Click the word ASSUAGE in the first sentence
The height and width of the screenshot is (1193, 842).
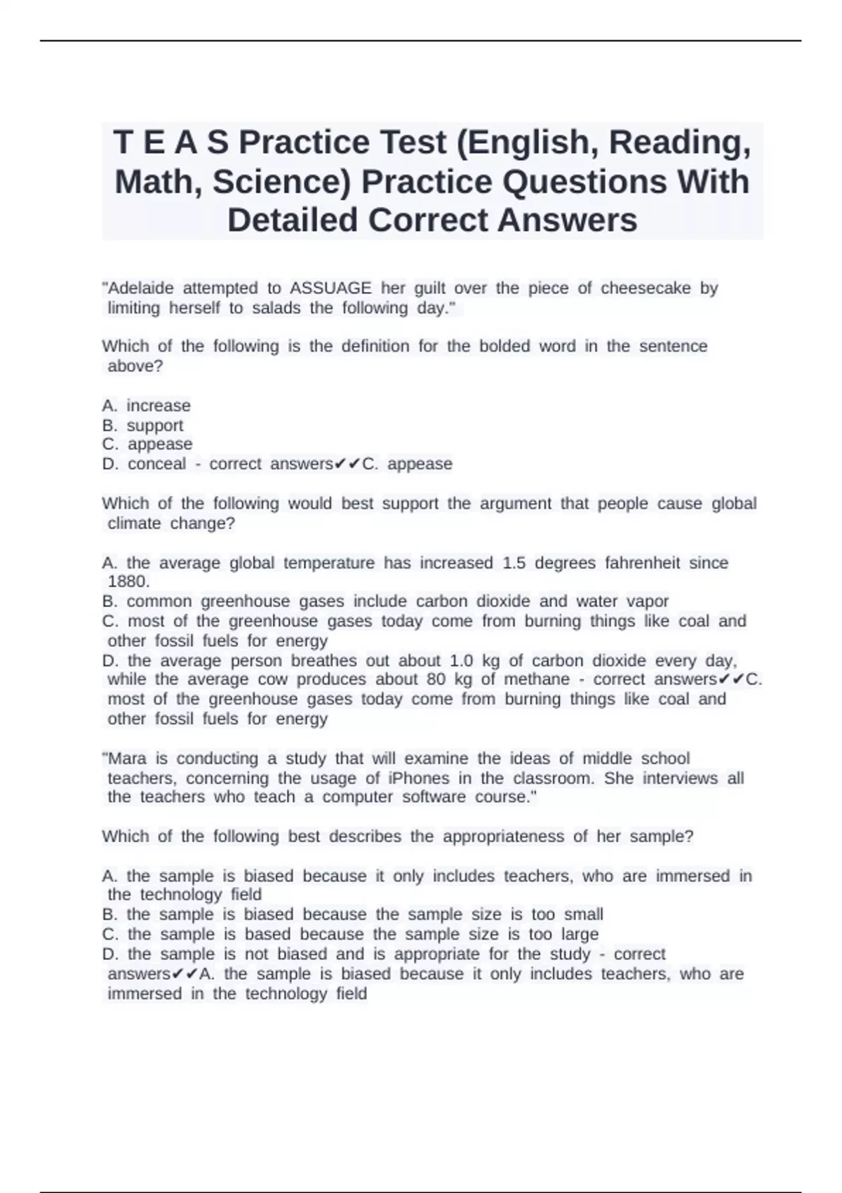(330, 288)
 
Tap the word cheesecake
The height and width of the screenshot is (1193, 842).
(646, 288)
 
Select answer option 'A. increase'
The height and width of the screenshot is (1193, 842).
(146, 406)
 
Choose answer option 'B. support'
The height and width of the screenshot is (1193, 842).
(142, 425)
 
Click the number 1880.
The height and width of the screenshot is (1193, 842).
(128, 582)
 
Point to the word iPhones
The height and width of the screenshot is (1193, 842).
(419, 778)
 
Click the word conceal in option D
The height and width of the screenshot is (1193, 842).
(157, 464)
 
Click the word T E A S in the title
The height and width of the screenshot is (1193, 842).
(171, 143)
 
